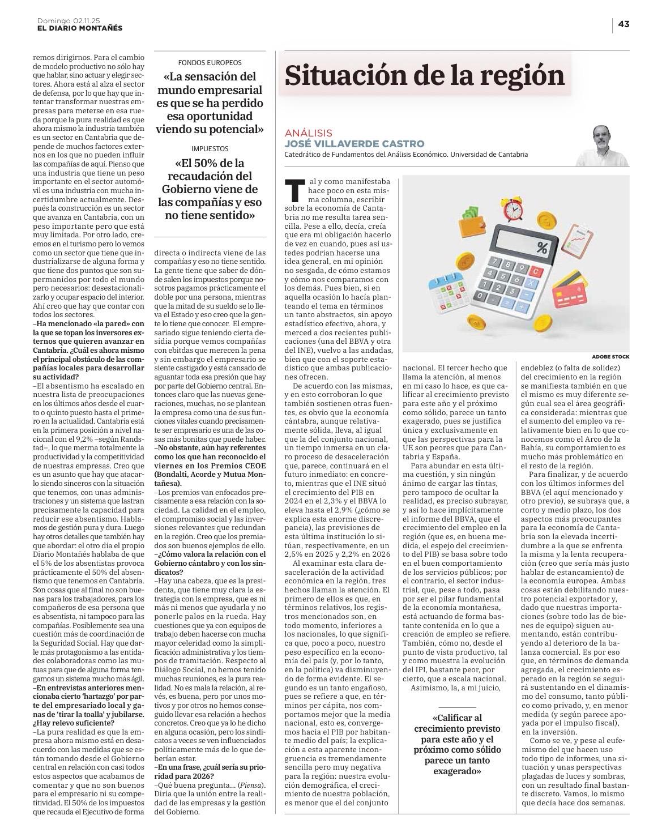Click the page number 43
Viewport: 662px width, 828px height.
[x=623, y=24]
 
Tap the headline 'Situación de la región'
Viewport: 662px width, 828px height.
[x=425, y=75]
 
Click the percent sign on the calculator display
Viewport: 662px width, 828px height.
[x=542, y=247]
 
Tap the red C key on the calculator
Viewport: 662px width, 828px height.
[x=536, y=271]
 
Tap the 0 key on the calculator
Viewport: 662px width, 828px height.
[x=481, y=296]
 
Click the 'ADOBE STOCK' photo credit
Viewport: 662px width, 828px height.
[x=610, y=356]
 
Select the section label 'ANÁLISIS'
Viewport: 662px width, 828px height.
[x=309, y=133]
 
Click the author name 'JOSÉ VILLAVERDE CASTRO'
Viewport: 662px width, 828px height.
[x=355, y=144]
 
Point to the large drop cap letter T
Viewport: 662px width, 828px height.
[x=293, y=191]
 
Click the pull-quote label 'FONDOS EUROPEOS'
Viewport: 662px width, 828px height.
[x=210, y=63]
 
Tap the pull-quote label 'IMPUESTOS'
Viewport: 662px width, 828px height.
[x=210, y=148]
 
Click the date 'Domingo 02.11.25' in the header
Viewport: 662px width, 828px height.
[x=69, y=21]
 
